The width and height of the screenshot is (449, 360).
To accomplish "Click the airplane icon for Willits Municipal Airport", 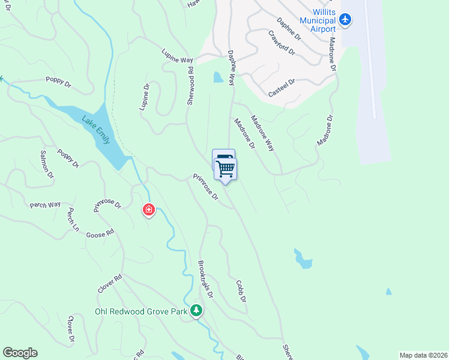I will tap(345, 19).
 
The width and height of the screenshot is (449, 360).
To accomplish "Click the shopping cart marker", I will tap(226, 169).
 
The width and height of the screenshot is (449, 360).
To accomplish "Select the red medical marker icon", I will tap(148, 209).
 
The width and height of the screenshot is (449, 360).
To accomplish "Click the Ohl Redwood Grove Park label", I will tap(141, 311).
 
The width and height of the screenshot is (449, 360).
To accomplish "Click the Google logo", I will tap(20, 353).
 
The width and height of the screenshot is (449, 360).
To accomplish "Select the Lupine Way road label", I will tap(177, 56).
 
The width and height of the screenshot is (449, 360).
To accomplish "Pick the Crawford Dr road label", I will tap(282, 43).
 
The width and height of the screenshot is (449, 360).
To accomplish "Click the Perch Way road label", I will tap(45, 205).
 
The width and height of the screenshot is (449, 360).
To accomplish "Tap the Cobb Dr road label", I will tap(241, 291).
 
